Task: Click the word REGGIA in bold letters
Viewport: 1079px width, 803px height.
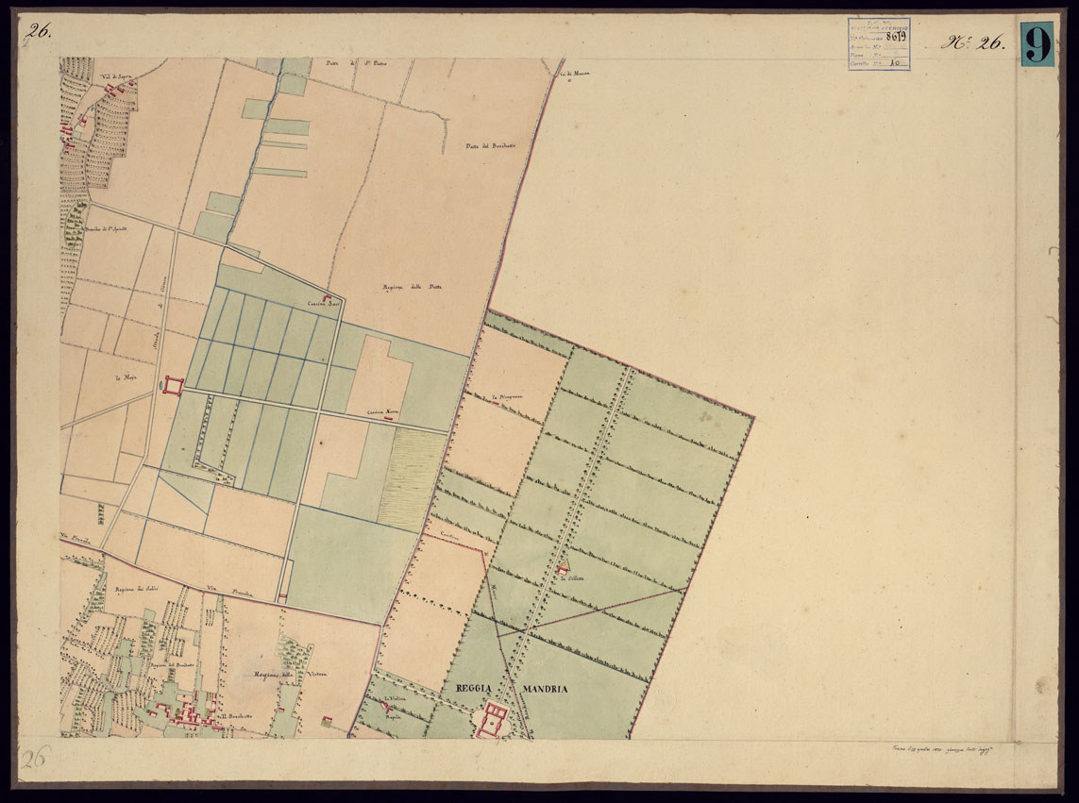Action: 476,689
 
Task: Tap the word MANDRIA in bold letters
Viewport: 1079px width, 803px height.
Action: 542,689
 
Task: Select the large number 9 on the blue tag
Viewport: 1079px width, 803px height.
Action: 1036,43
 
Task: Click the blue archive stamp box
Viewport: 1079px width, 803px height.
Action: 878,44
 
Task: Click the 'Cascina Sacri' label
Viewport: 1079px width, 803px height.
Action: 322,304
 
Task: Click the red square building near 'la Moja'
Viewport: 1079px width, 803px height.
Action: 172,385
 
